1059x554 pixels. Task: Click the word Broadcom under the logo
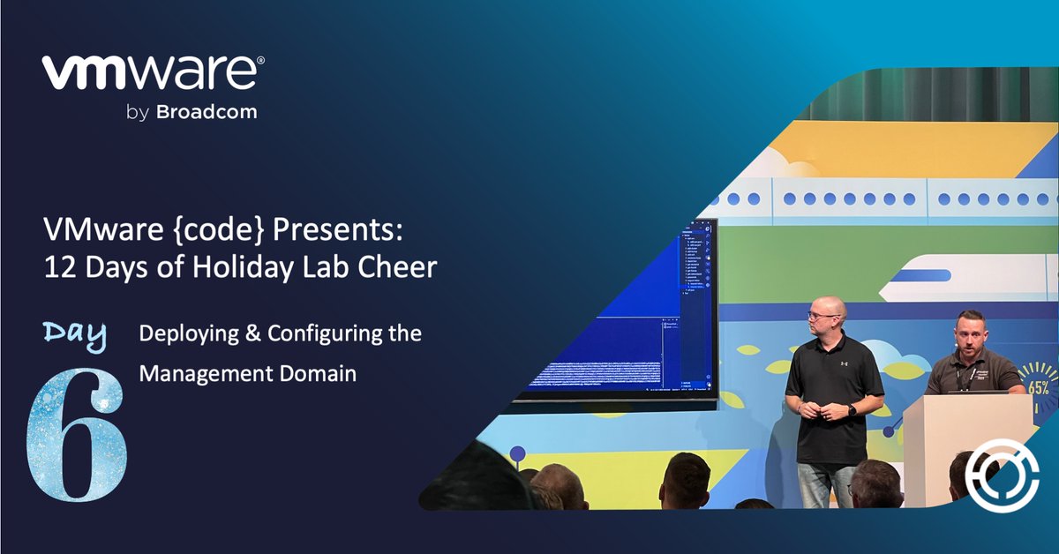pos(207,112)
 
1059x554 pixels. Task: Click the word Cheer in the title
pos(398,266)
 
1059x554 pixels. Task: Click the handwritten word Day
pos(75,334)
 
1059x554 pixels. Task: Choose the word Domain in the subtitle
pos(314,373)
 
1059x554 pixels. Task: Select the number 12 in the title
pos(58,266)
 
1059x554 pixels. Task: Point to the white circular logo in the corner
pos(996,482)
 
